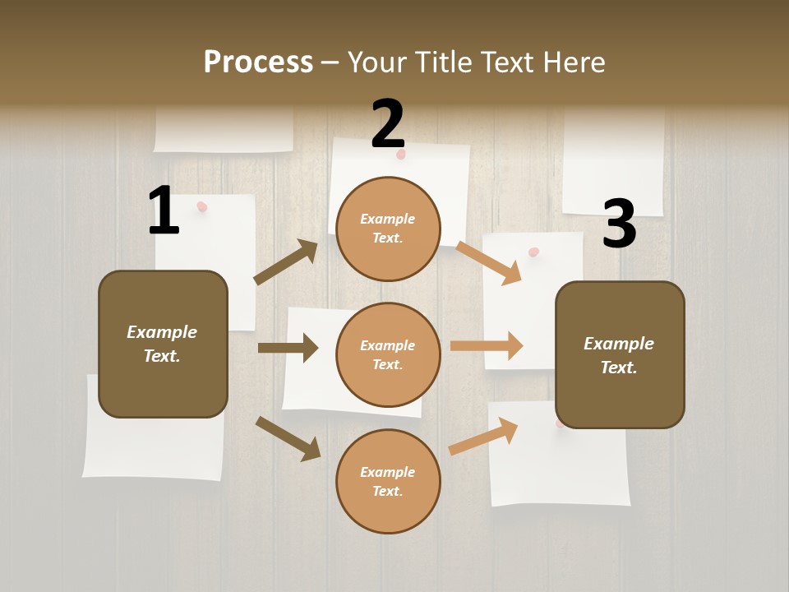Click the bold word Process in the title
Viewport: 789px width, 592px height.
[x=258, y=62]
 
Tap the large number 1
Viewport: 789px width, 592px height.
[x=164, y=211]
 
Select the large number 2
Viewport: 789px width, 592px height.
[x=388, y=124]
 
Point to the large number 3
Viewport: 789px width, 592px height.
[x=619, y=224]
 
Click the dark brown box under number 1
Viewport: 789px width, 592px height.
[x=163, y=344]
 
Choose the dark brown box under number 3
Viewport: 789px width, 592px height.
[x=620, y=354]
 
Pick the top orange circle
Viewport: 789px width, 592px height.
[x=388, y=228]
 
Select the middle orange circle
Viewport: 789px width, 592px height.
[x=388, y=354]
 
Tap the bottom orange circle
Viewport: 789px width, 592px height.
[x=388, y=481]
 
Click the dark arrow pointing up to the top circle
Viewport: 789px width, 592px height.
[x=286, y=262]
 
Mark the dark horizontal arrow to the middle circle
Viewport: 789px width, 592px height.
[x=288, y=348]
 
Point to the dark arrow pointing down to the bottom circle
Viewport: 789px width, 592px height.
[x=288, y=438]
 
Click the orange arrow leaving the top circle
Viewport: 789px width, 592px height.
[x=489, y=262]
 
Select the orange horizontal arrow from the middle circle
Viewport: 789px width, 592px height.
[x=487, y=345]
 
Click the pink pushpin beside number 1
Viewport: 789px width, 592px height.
[x=202, y=206]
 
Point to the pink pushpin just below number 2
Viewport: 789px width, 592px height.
[x=401, y=154]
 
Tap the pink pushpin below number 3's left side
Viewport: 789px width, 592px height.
[x=534, y=252]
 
